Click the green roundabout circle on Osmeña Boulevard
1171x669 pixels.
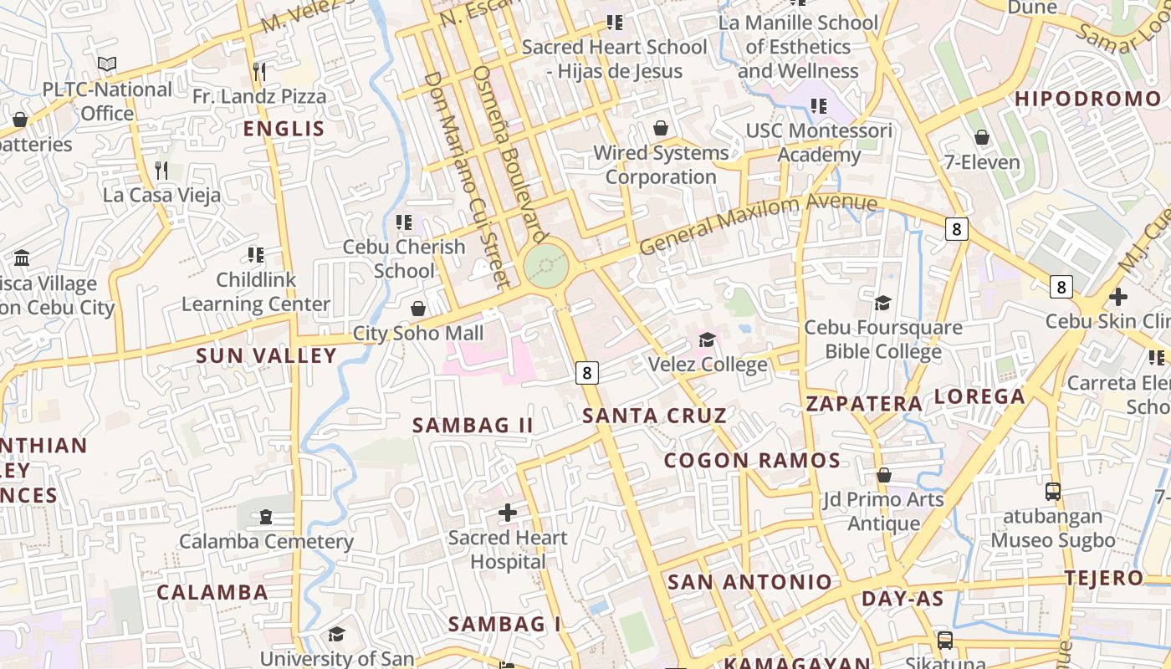click(546, 267)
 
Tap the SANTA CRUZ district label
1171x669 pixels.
click(654, 416)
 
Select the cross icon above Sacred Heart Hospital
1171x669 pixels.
click(508, 513)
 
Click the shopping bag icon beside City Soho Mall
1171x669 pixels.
click(418, 309)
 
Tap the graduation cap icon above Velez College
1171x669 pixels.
click(708, 340)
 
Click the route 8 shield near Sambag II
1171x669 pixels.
click(587, 372)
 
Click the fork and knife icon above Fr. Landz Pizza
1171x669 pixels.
click(259, 71)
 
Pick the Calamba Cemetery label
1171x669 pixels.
click(266, 541)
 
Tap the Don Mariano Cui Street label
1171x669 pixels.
click(466, 179)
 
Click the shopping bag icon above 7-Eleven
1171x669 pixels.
click(982, 137)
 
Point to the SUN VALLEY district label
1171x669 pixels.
click(266, 355)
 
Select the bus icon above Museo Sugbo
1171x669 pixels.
click(1053, 492)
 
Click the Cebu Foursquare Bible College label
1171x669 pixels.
click(882, 339)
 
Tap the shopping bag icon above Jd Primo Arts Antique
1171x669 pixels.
click(883, 475)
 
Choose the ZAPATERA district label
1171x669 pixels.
click(864, 404)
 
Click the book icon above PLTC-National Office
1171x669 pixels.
click(107, 64)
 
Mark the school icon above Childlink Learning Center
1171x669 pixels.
click(256, 254)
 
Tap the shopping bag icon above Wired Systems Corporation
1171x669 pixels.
click(661, 128)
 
